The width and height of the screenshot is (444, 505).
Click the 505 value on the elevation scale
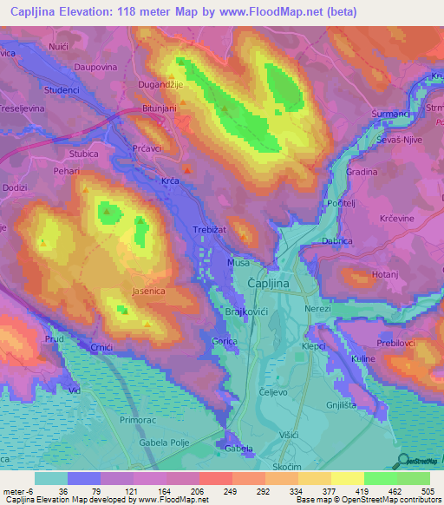(x=429, y=492)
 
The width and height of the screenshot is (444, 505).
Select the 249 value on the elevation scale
(x=232, y=492)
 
